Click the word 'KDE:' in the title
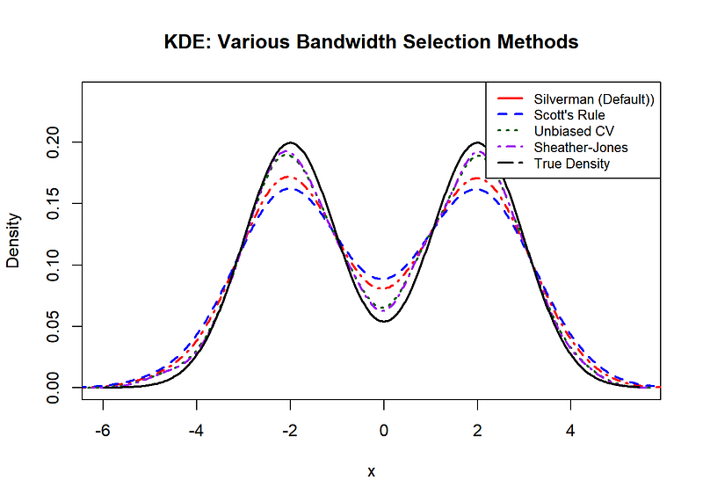point(185,41)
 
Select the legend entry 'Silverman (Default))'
point(594,99)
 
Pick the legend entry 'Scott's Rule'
point(569,115)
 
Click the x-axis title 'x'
point(371,472)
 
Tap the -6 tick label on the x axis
point(103,432)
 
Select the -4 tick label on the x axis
point(196,432)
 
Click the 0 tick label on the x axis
point(384,432)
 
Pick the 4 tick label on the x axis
point(570,432)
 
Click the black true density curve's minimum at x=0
point(384,321)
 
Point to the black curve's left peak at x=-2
point(290,142)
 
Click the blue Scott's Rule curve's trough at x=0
point(384,279)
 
